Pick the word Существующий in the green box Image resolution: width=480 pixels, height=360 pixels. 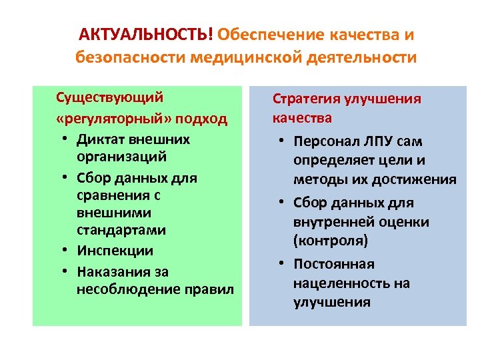point(109,97)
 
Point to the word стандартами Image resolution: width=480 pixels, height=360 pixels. point(121,230)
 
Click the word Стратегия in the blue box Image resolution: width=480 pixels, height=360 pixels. point(304,99)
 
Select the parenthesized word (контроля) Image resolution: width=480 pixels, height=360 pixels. point(330,240)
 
